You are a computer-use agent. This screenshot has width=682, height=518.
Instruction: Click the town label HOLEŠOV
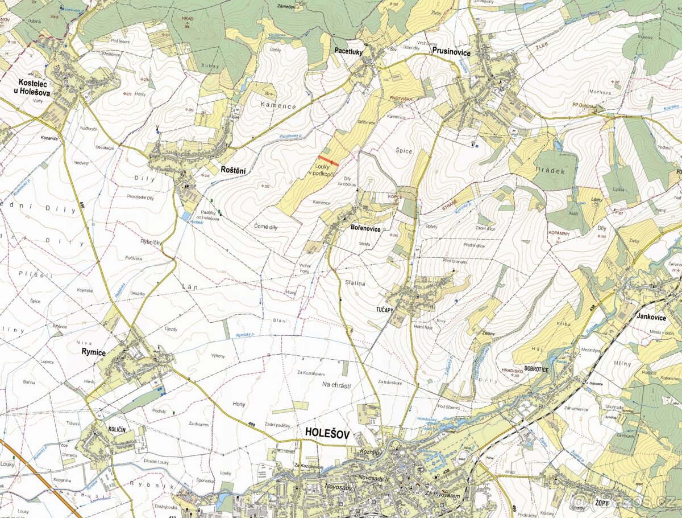tap(329, 432)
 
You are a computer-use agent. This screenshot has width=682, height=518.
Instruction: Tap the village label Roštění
tap(233, 169)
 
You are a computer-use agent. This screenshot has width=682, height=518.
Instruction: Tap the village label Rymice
tap(94, 352)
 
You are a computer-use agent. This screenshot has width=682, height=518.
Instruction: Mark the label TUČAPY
tap(385, 310)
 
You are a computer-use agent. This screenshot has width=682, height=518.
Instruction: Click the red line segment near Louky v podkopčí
tap(328, 161)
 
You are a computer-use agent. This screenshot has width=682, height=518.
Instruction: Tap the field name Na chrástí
tap(336, 385)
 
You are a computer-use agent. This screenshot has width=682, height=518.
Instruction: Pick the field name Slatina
tap(354, 282)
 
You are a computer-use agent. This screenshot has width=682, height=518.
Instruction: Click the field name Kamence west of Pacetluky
tap(278, 106)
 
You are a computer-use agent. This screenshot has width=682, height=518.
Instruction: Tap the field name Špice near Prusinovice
tap(404, 151)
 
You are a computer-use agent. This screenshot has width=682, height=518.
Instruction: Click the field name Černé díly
tap(265, 225)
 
